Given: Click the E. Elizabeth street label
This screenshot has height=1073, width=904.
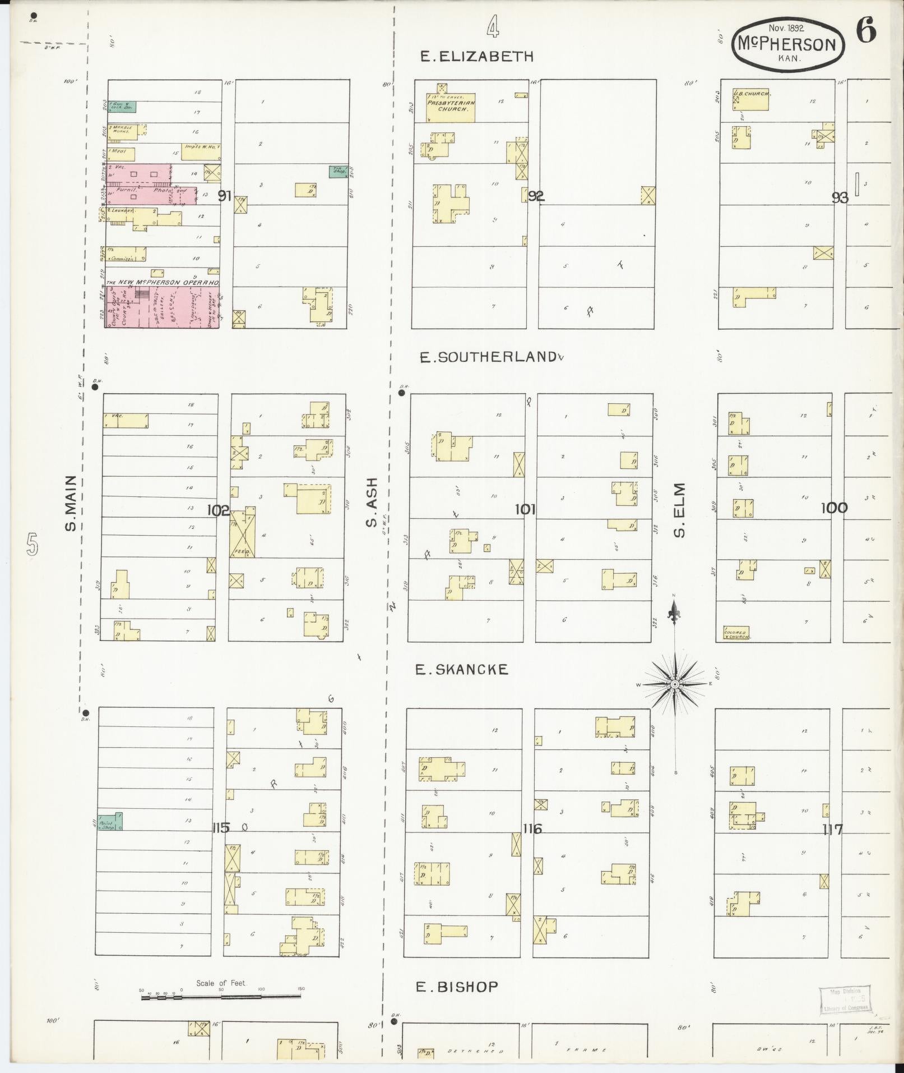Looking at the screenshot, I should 476,56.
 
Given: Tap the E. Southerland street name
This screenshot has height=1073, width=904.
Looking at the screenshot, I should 488,357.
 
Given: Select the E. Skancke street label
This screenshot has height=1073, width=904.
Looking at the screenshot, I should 461,669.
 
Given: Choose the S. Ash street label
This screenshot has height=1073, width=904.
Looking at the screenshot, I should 371,503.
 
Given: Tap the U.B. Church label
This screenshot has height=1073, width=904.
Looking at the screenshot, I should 753,93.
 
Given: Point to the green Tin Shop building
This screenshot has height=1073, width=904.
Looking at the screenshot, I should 337,172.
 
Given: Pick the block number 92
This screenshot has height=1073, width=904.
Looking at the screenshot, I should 536,196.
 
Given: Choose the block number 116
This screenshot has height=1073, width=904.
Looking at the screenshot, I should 532,828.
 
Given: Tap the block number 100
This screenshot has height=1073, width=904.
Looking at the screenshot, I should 834,508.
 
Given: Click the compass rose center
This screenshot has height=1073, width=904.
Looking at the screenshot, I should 675,685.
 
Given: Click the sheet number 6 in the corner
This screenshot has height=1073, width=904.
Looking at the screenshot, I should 865,30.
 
